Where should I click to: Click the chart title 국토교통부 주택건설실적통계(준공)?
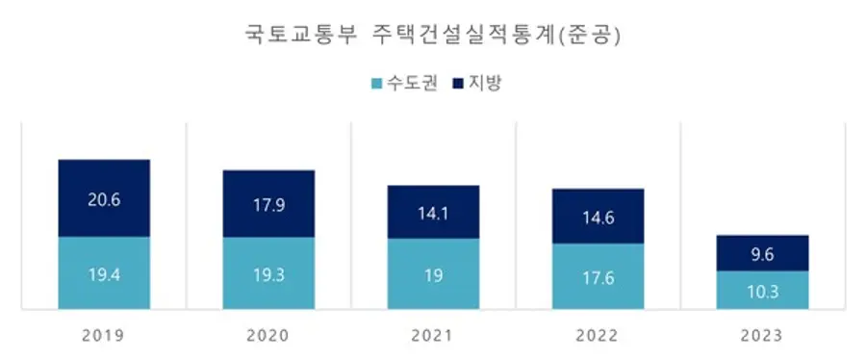[433, 37]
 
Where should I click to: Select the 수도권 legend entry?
[404, 83]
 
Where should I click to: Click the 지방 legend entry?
[477, 83]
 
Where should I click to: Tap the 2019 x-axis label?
[104, 336]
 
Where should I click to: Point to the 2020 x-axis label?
[268, 336]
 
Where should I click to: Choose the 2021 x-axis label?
[433, 336]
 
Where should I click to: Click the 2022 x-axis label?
[598, 336]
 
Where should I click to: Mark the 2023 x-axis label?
[762, 336]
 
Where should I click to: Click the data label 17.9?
[268, 204]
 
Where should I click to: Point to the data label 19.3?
[268, 275]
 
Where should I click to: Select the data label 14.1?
[433, 215]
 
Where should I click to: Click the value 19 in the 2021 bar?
[433, 275]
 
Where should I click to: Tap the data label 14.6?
[598, 218]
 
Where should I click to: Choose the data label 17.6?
[598, 278]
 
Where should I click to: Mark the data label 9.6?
[762, 256]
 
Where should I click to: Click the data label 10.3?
[762, 292]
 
